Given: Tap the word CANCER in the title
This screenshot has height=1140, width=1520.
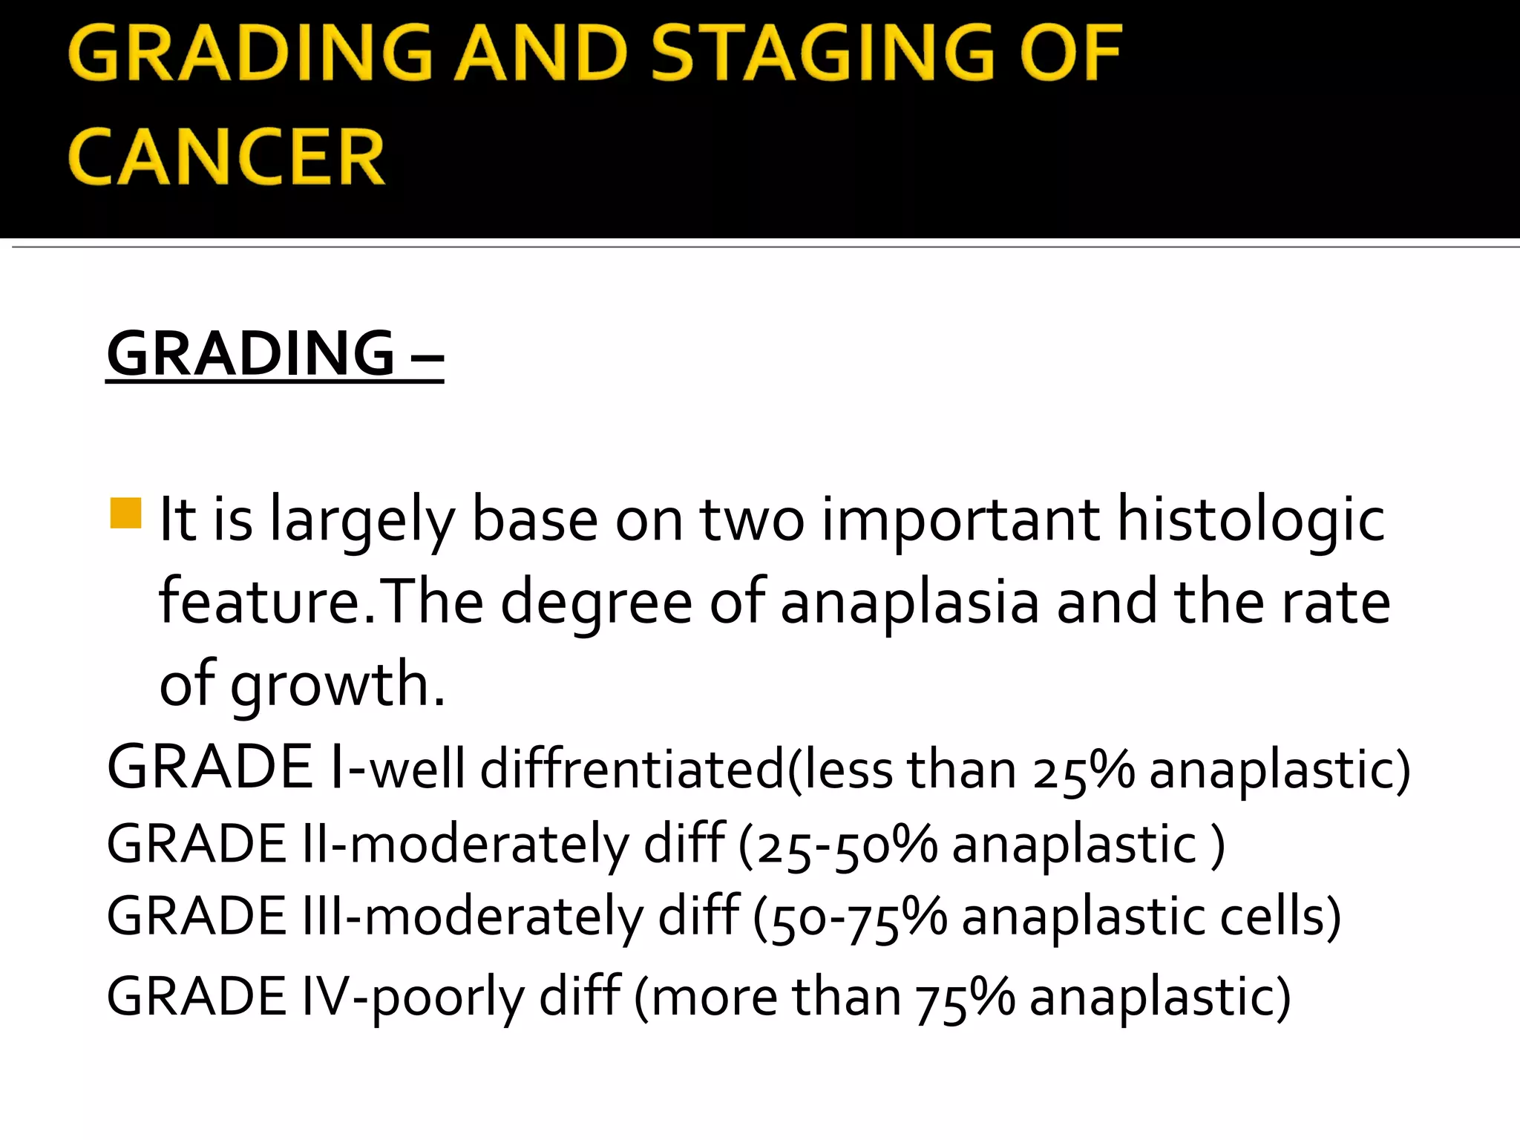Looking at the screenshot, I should [x=226, y=157].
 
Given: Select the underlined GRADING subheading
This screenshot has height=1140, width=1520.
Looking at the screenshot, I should [x=251, y=354].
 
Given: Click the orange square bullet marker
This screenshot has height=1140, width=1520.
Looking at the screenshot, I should [x=125, y=513].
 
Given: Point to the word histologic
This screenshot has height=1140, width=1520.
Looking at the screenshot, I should [x=1251, y=520].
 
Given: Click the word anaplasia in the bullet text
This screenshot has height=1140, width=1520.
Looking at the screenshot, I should [x=909, y=602].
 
